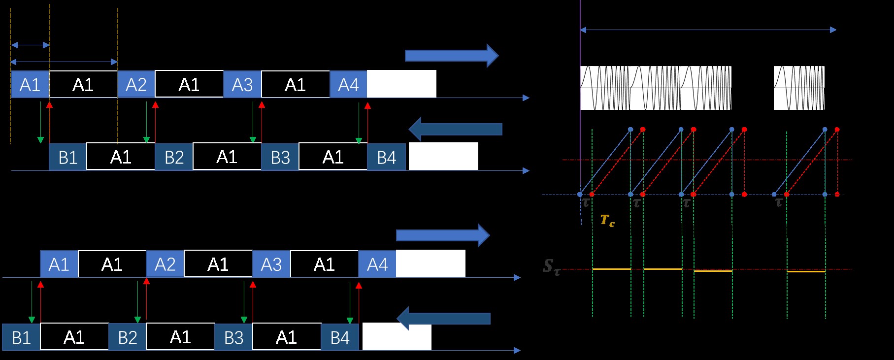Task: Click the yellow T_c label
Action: click(607, 220)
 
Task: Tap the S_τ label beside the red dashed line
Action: click(551, 267)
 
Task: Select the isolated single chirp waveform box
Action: click(798, 88)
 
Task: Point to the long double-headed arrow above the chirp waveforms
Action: click(708, 30)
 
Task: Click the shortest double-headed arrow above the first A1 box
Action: click(30, 45)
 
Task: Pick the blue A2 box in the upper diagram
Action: click(136, 84)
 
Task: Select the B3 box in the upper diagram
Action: click(280, 157)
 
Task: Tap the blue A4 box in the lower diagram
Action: click(377, 264)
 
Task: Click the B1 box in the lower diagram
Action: click(21, 337)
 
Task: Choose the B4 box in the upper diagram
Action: click(386, 157)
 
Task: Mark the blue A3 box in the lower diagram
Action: click(271, 264)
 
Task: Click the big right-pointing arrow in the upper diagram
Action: click(451, 56)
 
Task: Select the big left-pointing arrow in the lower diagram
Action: click(443, 319)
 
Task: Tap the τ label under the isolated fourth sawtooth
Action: click(779, 202)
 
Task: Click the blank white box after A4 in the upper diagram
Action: click(401, 84)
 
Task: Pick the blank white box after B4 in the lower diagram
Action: click(397, 337)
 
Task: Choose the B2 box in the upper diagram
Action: click(174, 157)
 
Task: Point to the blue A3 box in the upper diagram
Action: click(242, 84)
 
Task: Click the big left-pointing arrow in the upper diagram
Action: click(455, 129)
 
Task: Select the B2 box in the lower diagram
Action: click(127, 337)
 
